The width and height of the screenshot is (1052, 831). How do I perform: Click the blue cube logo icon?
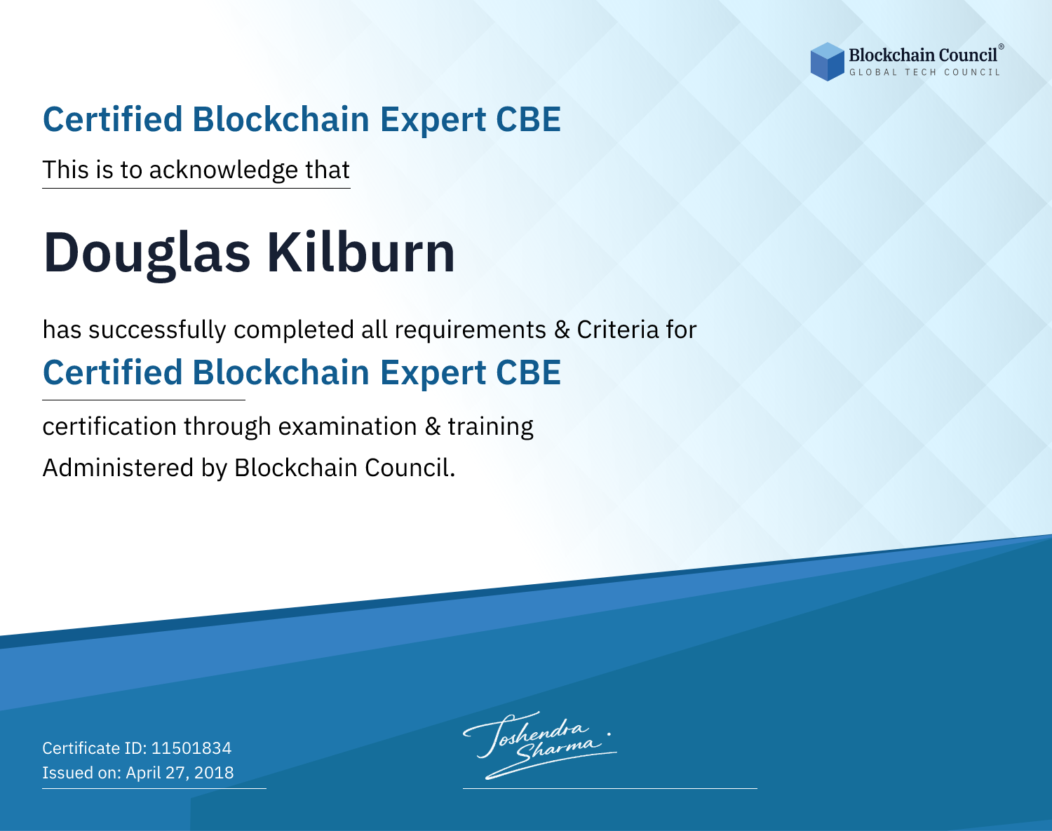click(x=827, y=62)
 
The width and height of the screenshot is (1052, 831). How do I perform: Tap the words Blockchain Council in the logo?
click(x=923, y=55)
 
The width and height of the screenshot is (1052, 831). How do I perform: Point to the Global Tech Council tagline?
click(x=924, y=72)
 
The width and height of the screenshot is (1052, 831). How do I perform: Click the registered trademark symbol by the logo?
click(x=1001, y=47)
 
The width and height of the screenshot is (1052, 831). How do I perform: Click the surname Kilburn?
click(x=360, y=252)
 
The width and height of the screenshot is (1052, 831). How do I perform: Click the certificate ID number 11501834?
click(x=191, y=748)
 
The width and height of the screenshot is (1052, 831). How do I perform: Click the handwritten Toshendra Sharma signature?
click(x=540, y=745)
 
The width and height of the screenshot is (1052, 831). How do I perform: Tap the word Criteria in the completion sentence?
click(x=618, y=330)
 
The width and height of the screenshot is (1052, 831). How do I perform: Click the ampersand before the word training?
click(x=433, y=426)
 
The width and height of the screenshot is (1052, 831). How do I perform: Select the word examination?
click(x=348, y=426)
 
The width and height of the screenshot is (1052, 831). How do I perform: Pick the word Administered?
click(x=119, y=468)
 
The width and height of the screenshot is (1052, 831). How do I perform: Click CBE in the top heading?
click(x=528, y=120)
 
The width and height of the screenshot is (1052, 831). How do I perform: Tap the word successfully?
click(x=157, y=330)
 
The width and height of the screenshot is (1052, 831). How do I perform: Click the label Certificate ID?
click(x=95, y=748)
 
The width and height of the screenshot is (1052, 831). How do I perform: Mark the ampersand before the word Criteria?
click(x=562, y=330)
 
